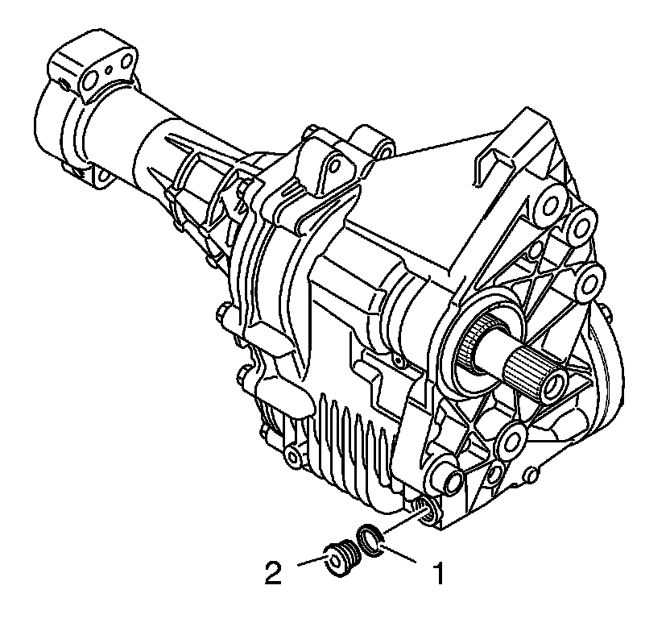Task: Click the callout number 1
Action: [439, 574]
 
